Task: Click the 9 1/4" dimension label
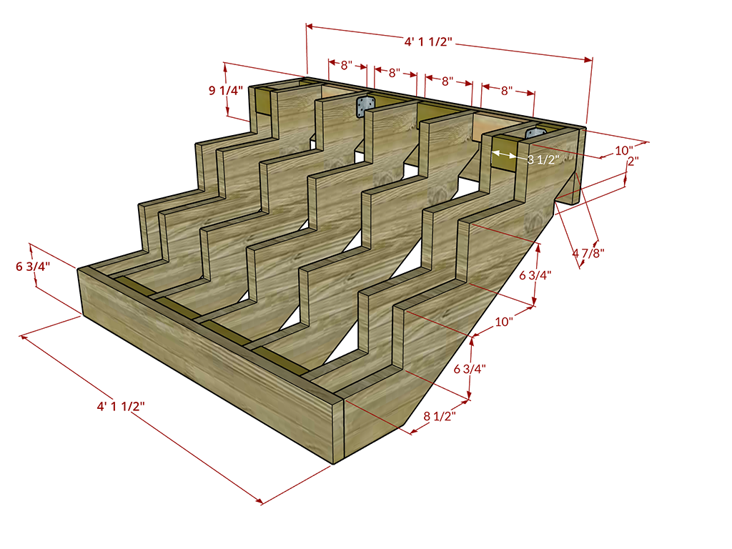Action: [226, 91]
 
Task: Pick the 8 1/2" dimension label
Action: [438, 415]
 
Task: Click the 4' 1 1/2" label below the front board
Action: [122, 407]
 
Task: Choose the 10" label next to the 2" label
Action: [624, 151]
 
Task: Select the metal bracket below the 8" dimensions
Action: [365, 106]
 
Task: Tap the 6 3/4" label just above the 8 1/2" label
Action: [470, 369]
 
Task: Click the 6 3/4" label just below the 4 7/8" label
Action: [535, 274]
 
